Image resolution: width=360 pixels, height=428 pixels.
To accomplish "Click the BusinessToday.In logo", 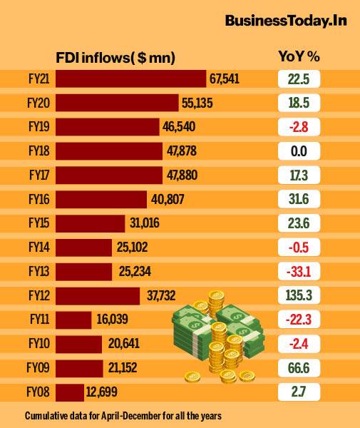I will point(286,21).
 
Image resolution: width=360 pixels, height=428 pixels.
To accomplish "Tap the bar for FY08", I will point(69,392).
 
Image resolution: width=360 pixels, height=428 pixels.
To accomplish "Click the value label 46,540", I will point(178,128).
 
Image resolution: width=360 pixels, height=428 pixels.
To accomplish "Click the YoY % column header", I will point(298,56).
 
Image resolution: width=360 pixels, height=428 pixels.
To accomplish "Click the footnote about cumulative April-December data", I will point(122,415).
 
